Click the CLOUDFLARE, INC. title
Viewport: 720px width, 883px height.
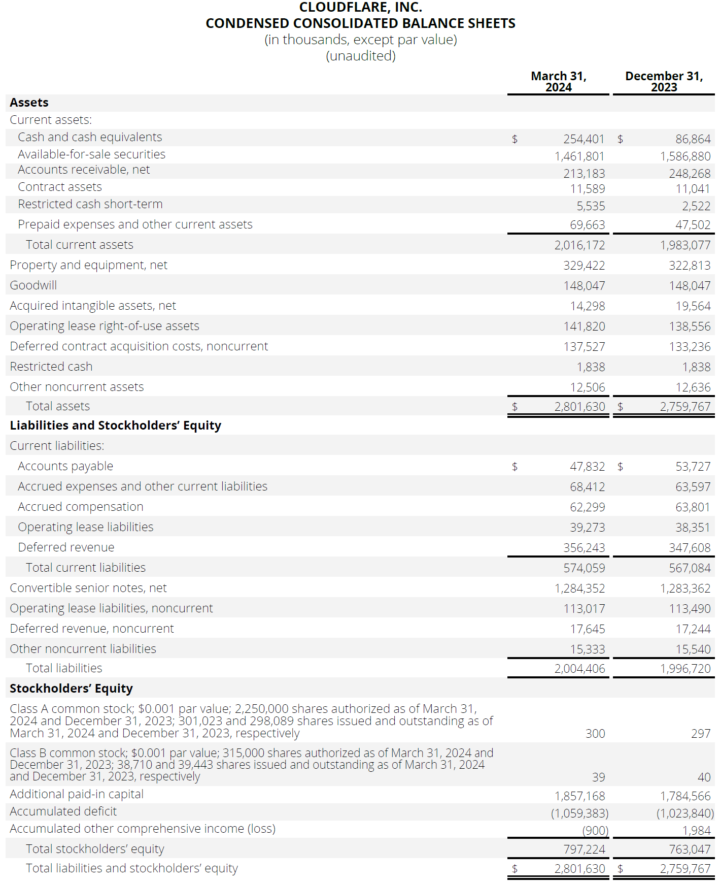[360, 8]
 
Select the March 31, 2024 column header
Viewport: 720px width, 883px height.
[558, 82]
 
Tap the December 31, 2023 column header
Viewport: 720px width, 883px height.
[664, 82]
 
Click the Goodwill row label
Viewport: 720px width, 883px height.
[33, 285]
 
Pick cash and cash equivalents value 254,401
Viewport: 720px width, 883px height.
[584, 139]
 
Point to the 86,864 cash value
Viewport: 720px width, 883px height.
[693, 139]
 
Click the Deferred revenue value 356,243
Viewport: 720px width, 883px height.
[584, 548]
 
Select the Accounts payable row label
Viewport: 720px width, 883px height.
[65, 466]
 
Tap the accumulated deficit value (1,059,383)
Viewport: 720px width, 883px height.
[579, 813]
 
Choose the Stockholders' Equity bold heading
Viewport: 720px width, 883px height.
[71, 689]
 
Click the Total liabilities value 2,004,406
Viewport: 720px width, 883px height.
[579, 669]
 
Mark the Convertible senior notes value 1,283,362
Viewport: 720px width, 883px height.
[685, 588]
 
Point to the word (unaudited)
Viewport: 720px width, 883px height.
[360, 56]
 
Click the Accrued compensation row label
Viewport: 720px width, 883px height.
[81, 507]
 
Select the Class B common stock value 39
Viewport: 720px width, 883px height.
[598, 777]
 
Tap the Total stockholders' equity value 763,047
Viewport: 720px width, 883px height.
[689, 849]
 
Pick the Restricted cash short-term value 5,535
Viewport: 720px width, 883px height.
[591, 206]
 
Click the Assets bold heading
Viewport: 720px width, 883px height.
[29, 103]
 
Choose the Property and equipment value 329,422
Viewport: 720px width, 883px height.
[584, 266]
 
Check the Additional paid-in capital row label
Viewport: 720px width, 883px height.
[77, 794]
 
